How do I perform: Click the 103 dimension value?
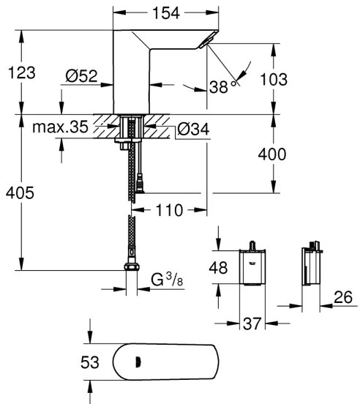294,78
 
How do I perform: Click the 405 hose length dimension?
20,192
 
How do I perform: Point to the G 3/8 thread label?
168,280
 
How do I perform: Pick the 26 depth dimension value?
342,296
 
